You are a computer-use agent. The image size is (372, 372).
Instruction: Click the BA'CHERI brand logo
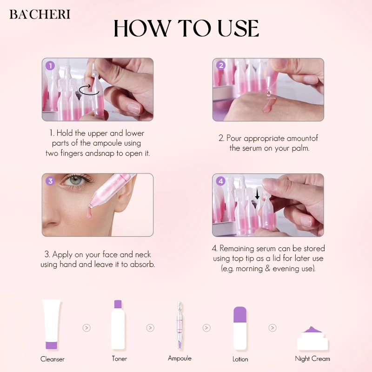point(40,14)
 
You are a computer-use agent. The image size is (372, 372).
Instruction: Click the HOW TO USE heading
point(186,29)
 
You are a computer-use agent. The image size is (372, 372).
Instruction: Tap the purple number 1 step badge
point(50,66)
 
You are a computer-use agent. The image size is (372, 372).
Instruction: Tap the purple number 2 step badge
point(221,66)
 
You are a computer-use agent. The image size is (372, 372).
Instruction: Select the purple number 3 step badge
point(50,181)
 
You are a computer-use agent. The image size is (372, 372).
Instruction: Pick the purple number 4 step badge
point(221,181)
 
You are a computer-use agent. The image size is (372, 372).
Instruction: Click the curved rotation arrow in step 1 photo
point(90,90)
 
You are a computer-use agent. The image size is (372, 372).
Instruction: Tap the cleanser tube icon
point(52,324)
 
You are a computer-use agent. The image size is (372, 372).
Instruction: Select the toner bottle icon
point(119,324)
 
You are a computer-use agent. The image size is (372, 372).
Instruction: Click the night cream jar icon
point(312,338)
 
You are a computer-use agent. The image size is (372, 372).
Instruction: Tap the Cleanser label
point(53,359)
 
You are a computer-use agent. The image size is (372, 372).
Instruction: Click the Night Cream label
point(312,359)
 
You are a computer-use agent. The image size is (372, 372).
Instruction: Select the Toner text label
point(119,359)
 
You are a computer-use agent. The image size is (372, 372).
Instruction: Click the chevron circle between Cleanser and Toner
point(86,328)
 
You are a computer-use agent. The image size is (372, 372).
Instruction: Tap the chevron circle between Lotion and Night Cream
point(272,328)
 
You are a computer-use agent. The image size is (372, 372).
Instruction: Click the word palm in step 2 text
point(299,148)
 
